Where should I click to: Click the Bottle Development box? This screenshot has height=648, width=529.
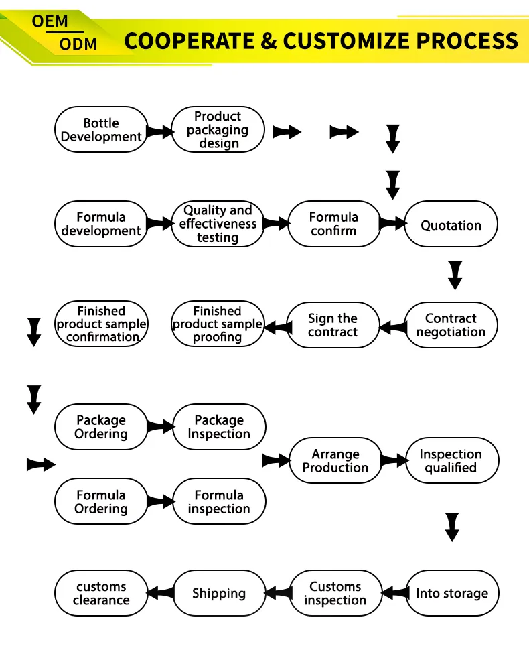(x=101, y=130)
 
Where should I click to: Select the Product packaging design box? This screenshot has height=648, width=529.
(x=218, y=130)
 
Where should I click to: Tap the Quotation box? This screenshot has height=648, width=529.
(x=451, y=225)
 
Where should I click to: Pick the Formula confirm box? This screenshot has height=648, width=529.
(x=334, y=224)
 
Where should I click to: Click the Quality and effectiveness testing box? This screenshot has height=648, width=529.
(x=218, y=224)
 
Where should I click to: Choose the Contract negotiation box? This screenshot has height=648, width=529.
(x=451, y=325)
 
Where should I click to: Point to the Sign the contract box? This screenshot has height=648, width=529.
(x=333, y=325)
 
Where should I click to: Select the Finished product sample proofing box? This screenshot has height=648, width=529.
(x=218, y=324)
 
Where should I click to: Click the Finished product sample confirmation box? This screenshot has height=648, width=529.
(x=101, y=324)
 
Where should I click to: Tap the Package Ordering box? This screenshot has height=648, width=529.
(x=101, y=427)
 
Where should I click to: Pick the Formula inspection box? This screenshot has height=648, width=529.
(x=219, y=502)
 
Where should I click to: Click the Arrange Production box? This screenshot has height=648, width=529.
(x=335, y=461)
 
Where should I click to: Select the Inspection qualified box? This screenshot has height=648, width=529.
(x=451, y=461)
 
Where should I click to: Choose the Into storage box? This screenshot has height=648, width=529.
(x=452, y=593)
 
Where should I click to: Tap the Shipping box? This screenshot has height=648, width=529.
(x=219, y=593)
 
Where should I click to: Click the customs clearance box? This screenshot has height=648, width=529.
(x=101, y=593)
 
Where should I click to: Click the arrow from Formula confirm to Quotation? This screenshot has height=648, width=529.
(x=392, y=223)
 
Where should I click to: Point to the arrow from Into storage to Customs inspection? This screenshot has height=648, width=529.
(x=395, y=592)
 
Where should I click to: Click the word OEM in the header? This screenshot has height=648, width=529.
(x=50, y=21)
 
